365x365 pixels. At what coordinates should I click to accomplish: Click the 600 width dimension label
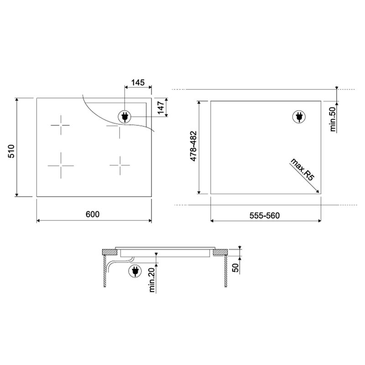coord(93,214)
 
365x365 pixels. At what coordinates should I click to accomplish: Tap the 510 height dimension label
coord(11,151)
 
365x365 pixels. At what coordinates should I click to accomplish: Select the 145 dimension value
coord(138,83)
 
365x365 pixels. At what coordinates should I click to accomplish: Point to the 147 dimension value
coord(161,108)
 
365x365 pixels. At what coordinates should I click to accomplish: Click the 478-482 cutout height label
coord(193,146)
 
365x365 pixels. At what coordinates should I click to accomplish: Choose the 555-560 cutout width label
coord(265,215)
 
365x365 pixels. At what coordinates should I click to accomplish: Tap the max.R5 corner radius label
coord(302,169)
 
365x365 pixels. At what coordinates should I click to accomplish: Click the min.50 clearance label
coord(333,119)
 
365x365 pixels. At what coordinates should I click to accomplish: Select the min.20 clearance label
coord(151,280)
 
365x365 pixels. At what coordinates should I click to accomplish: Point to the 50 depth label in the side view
coord(235,268)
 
